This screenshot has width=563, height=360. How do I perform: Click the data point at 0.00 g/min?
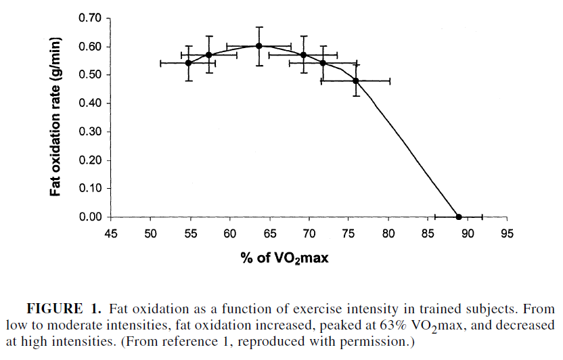pos(459,217)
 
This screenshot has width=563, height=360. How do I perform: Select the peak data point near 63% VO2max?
pos(258,46)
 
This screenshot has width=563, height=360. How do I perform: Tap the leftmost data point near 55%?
pos(188,63)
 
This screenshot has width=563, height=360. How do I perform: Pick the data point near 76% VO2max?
pos(356,81)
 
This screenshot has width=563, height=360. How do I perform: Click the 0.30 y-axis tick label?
pos(91,132)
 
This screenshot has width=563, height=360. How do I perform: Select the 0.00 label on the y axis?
pos(91,217)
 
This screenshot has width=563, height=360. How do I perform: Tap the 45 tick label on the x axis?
pos(112,234)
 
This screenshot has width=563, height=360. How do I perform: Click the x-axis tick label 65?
pos(270,234)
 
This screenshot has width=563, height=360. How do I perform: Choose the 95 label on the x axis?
pos(507,234)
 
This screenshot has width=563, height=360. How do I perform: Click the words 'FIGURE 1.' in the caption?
pos(64,309)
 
